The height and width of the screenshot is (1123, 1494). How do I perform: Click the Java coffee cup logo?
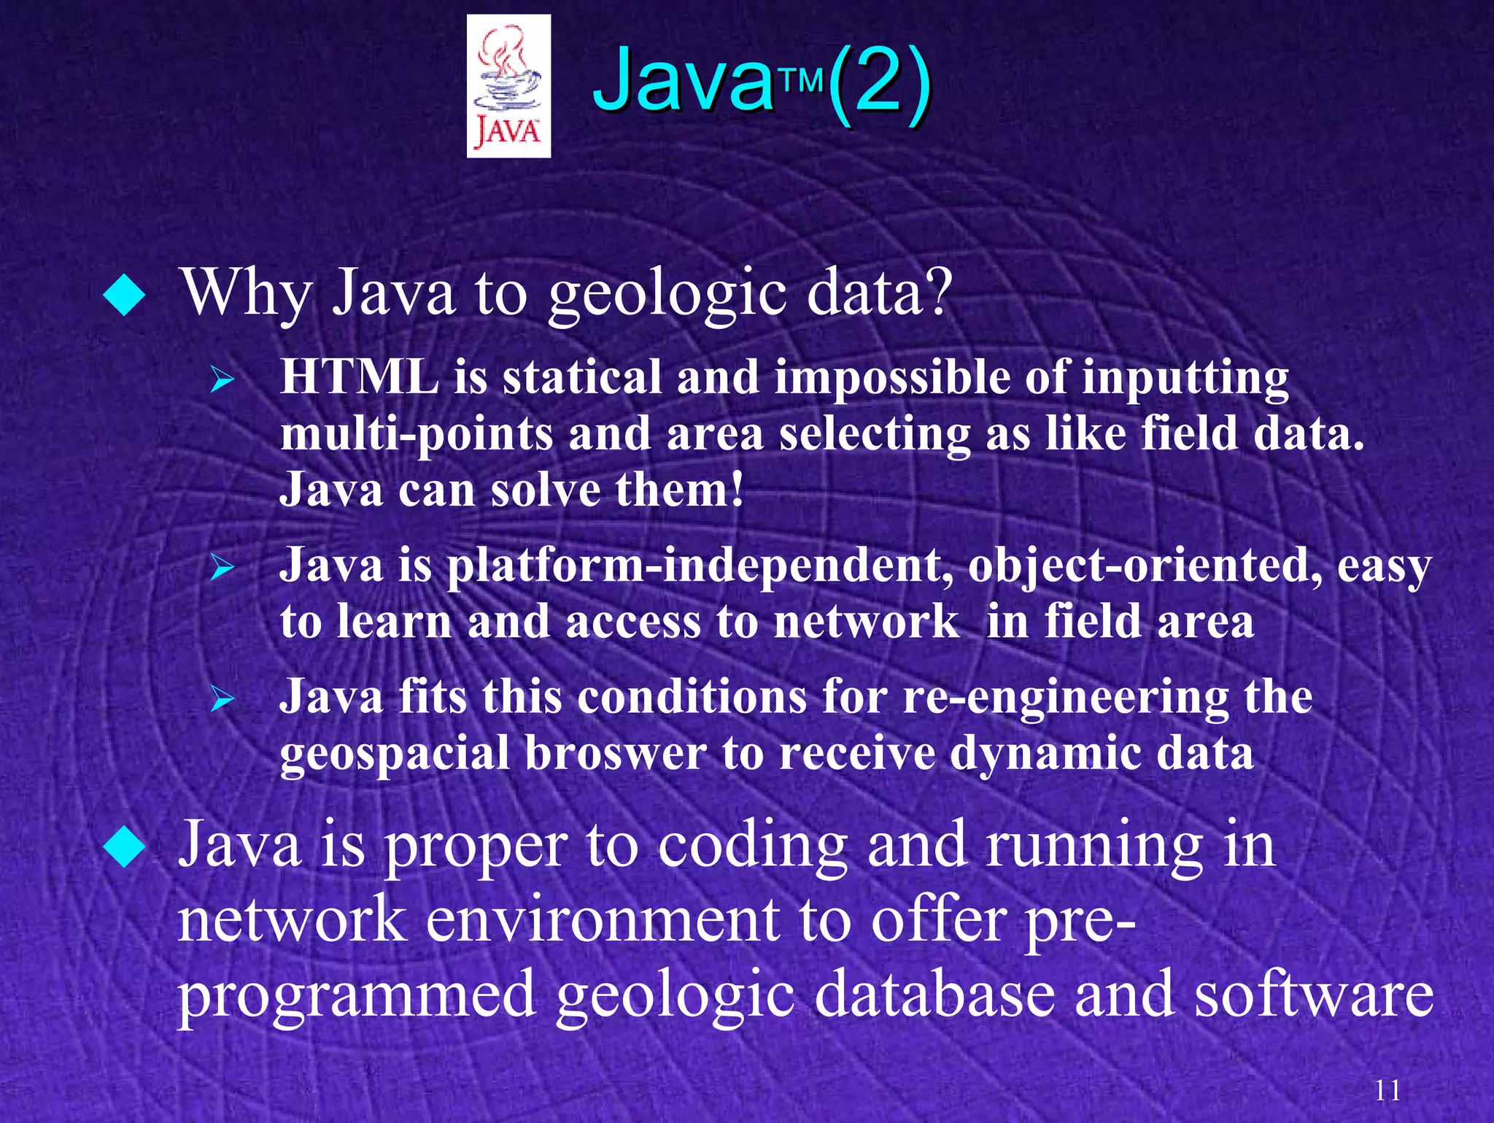508,86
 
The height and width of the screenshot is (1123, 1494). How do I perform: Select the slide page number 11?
1387,1091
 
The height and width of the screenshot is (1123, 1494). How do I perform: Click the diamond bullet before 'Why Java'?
125,296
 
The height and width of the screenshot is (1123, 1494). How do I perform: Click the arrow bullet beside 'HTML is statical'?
221,380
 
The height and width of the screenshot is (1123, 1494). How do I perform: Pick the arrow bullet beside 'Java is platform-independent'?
221,568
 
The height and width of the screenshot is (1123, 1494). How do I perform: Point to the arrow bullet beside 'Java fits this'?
221,699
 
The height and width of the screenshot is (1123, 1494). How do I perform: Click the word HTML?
360,377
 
